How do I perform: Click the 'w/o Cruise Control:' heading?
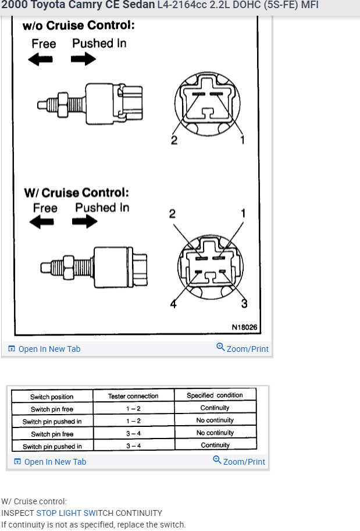click(x=78, y=26)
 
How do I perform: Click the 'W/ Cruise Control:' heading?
click(x=76, y=193)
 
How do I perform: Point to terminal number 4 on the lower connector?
click(x=173, y=304)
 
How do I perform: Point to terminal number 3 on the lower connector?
click(x=244, y=304)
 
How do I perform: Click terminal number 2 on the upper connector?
click(x=173, y=140)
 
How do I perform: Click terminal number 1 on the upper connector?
click(x=242, y=140)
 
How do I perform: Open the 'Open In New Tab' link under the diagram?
click(x=49, y=349)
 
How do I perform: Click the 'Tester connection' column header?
click(x=133, y=396)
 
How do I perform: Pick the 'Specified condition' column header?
click(x=215, y=395)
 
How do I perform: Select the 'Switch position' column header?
click(x=52, y=397)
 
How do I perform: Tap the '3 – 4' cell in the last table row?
click(x=133, y=446)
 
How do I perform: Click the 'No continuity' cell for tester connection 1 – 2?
click(x=215, y=420)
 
